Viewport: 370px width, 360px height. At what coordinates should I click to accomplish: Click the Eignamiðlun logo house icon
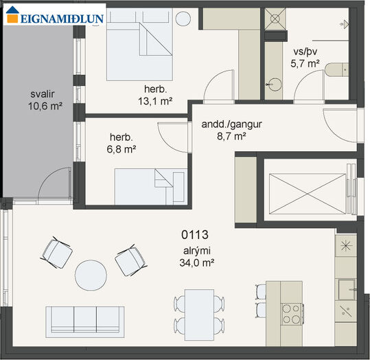click(x=12, y=14)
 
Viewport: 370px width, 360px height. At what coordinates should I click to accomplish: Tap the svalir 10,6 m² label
click(x=45, y=100)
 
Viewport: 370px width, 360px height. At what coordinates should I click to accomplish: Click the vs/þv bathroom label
click(x=305, y=52)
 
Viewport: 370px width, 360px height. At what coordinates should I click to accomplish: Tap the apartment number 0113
click(x=195, y=234)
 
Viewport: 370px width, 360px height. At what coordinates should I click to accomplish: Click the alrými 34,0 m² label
click(x=197, y=256)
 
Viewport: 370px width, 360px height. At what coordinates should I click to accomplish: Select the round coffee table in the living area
click(x=91, y=275)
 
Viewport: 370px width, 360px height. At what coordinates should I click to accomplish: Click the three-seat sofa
click(x=85, y=322)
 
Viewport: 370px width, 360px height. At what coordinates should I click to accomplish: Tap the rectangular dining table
click(x=199, y=315)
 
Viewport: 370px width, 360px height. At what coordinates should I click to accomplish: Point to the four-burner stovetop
click(x=292, y=314)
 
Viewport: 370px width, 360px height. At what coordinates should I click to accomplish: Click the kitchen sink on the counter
click(x=347, y=289)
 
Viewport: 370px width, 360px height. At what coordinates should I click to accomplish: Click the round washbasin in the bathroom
click(x=274, y=84)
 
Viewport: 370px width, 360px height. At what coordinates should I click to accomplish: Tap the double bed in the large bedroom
click(x=139, y=45)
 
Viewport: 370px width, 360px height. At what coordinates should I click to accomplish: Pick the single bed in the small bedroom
click(x=151, y=187)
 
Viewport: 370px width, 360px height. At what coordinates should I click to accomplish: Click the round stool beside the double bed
click(x=183, y=19)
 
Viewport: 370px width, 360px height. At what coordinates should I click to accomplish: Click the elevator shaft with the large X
click(x=308, y=194)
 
